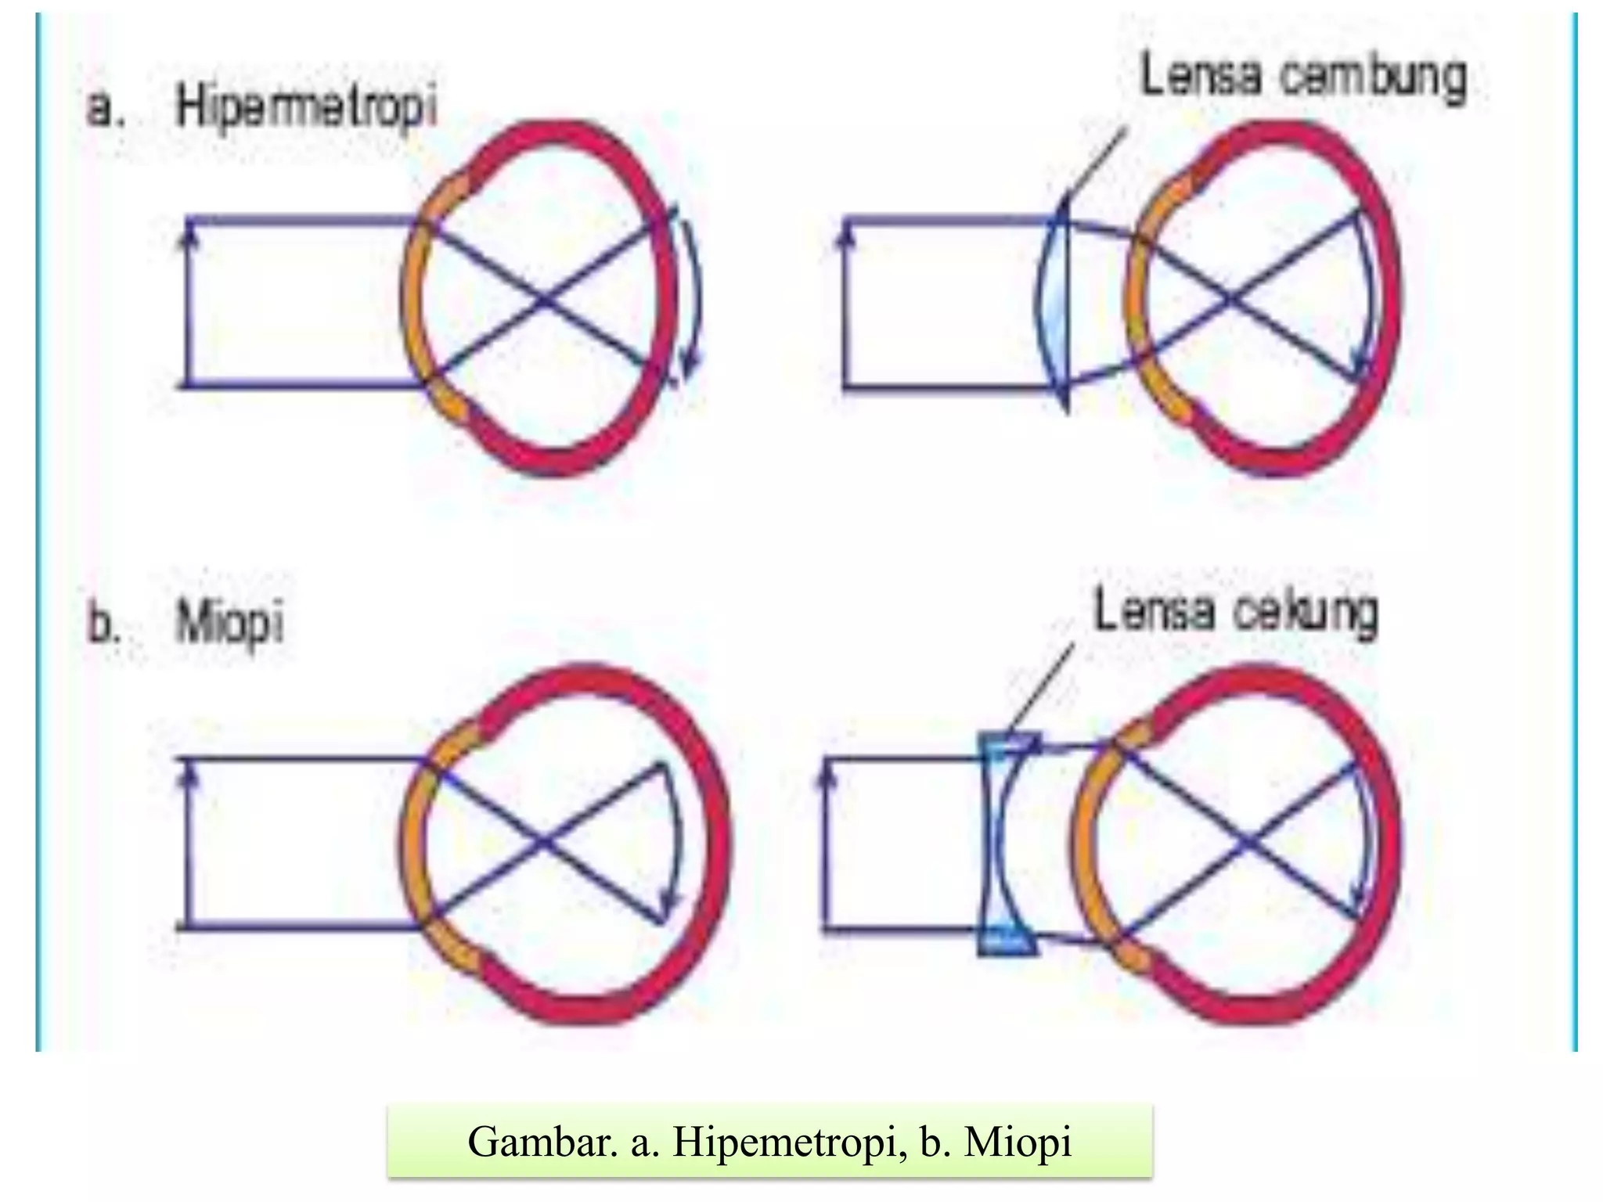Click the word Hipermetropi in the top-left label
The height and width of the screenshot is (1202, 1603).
[x=305, y=109]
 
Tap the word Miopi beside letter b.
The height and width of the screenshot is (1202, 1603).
[x=229, y=624]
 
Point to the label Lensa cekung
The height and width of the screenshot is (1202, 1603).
[x=1234, y=614]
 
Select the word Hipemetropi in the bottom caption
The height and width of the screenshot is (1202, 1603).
[x=783, y=1142]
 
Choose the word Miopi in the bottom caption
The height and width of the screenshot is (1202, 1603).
[x=1018, y=1142]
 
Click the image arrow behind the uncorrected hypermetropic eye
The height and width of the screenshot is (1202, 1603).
[x=693, y=297]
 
